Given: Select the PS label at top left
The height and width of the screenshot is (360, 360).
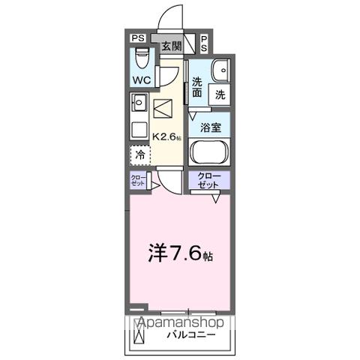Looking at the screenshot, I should (138, 37).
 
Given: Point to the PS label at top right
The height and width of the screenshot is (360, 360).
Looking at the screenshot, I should (205, 42).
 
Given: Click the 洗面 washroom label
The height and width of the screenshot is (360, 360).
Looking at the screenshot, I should (196, 88).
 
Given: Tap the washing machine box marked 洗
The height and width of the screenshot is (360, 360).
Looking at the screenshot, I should (220, 94).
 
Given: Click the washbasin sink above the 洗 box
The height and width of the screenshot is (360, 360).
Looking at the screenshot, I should (220, 70).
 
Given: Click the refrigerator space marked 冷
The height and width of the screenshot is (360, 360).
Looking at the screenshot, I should (139, 155).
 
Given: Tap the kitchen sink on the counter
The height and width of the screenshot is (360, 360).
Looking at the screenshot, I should (139, 101).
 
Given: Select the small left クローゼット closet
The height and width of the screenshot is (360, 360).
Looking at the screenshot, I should (139, 180).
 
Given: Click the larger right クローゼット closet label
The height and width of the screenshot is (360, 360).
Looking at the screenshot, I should (209, 180).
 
